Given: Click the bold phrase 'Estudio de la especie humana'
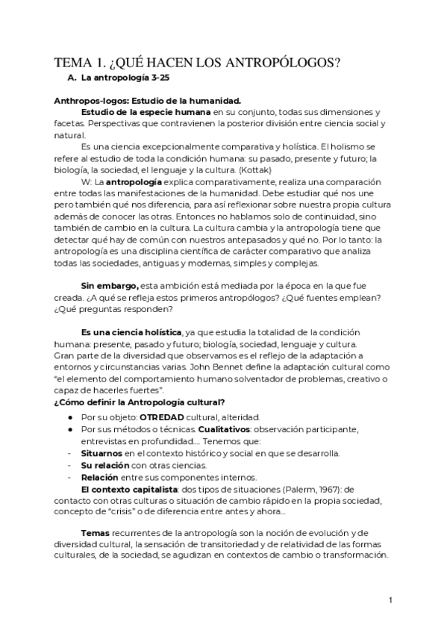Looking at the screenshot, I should coord(146,112).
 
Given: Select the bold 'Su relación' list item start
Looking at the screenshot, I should coord(107,465).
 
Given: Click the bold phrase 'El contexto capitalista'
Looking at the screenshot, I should coord(128,489).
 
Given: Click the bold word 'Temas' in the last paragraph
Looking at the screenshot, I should coord(95,534).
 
